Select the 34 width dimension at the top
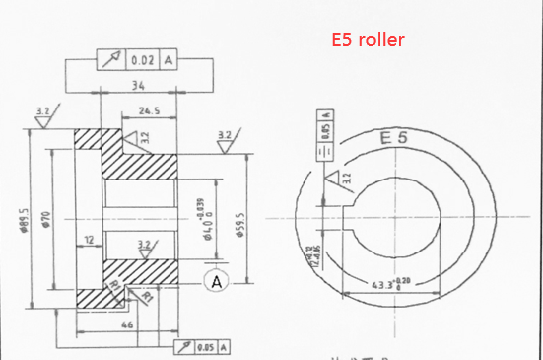139,87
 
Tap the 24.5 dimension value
152,110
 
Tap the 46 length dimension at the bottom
126,324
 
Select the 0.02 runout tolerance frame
139,61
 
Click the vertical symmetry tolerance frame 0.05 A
324,133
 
